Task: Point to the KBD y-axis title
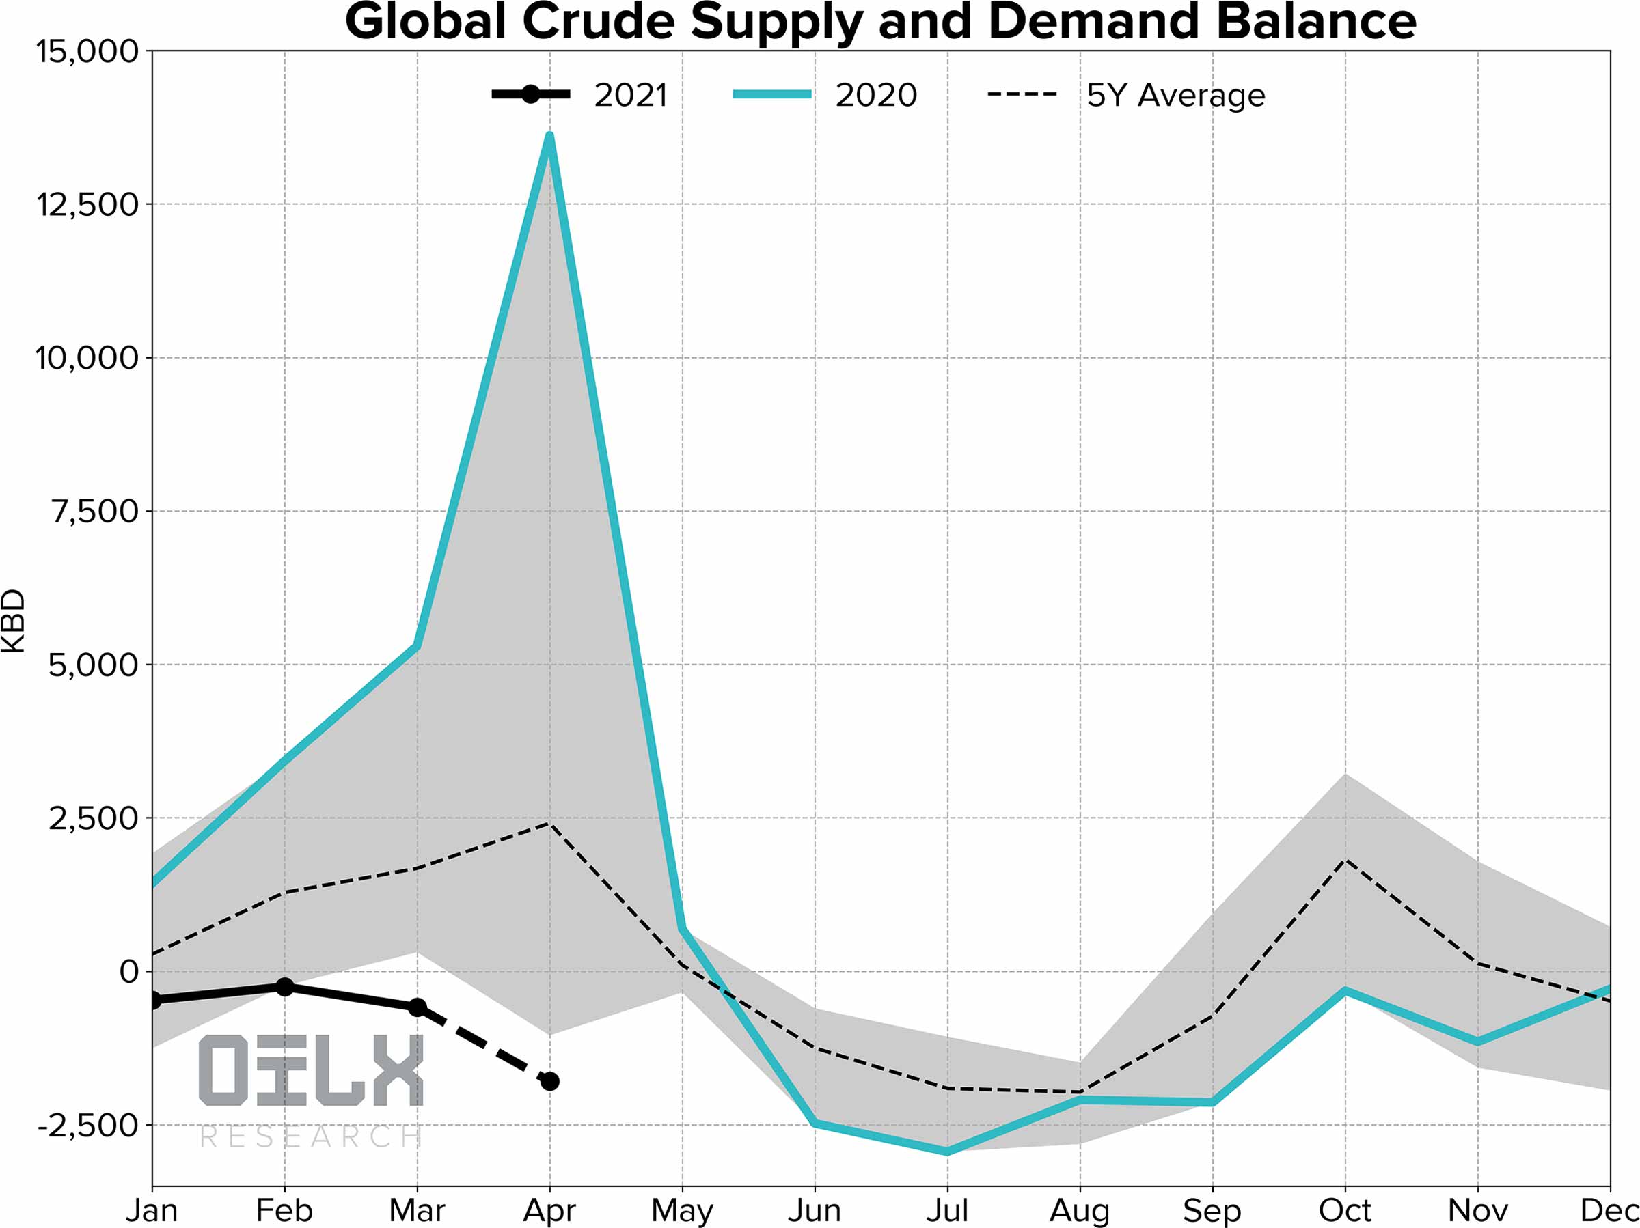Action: click(14, 621)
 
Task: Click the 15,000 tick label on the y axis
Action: click(87, 52)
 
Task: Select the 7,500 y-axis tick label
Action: click(95, 512)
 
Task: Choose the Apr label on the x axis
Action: click(549, 1211)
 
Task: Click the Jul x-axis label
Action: click(948, 1211)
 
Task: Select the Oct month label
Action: click(1345, 1211)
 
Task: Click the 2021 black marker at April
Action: click(550, 1081)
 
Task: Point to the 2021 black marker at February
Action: click(285, 987)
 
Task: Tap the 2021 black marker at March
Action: click(418, 1007)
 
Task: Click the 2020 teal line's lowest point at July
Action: click(948, 1152)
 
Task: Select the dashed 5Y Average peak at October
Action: click(1345, 861)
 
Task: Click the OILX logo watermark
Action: click(312, 1070)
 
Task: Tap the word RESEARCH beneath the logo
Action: click(312, 1136)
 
